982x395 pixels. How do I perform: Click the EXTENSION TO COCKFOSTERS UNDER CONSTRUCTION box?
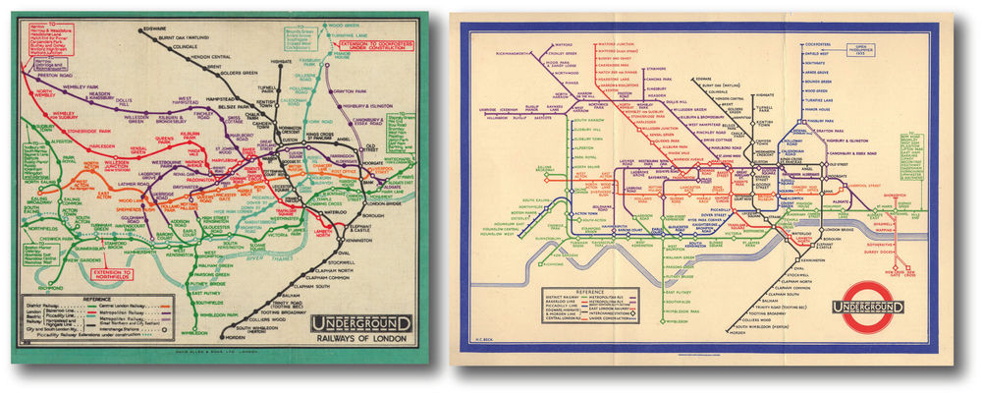pyautogui.click(x=369, y=45)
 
